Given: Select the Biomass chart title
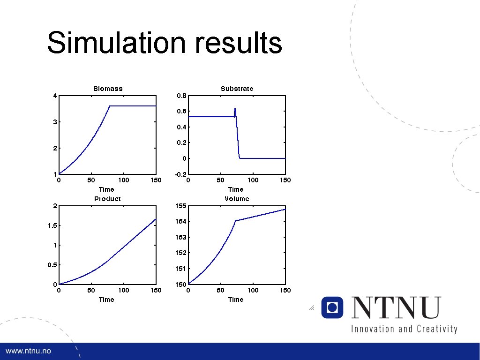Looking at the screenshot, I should tap(108, 89).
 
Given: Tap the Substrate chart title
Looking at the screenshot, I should tap(237, 89).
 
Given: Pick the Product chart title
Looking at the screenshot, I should tap(107, 199).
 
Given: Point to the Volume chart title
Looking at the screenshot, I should tap(237, 199).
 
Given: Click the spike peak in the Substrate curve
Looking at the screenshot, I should tap(235, 108).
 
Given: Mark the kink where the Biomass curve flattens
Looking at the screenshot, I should tap(110, 106).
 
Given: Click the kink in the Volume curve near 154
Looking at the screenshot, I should tap(235, 220).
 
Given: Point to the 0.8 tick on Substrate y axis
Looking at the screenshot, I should tap(181, 96).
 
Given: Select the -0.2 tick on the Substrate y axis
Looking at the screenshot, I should tap(181, 174).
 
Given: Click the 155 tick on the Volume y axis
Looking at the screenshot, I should tap(181, 206).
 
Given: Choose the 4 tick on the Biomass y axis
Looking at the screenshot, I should tap(55, 96).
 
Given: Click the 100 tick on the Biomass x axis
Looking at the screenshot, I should tap(123, 180).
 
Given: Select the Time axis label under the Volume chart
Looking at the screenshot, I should tap(236, 300).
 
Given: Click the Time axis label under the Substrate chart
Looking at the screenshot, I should tap(236, 189).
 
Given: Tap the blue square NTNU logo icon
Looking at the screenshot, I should tap(332, 307).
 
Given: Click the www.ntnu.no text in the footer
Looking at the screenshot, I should tap(28, 351).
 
